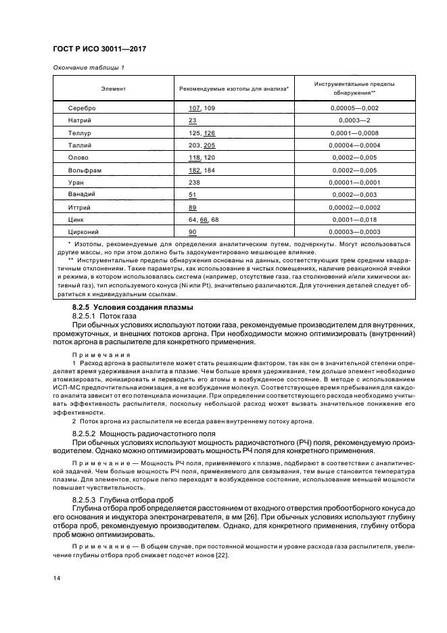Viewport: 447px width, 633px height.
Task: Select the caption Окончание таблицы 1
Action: pyautogui.click(x=89, y=68)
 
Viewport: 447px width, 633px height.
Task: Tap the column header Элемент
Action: pyautogui.click(x=113, y=89)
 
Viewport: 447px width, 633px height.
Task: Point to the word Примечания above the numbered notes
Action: pyautogui.click(x=100, y=354)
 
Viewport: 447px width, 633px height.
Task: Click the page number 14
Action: pyautogui.click(x=57, y=577)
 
